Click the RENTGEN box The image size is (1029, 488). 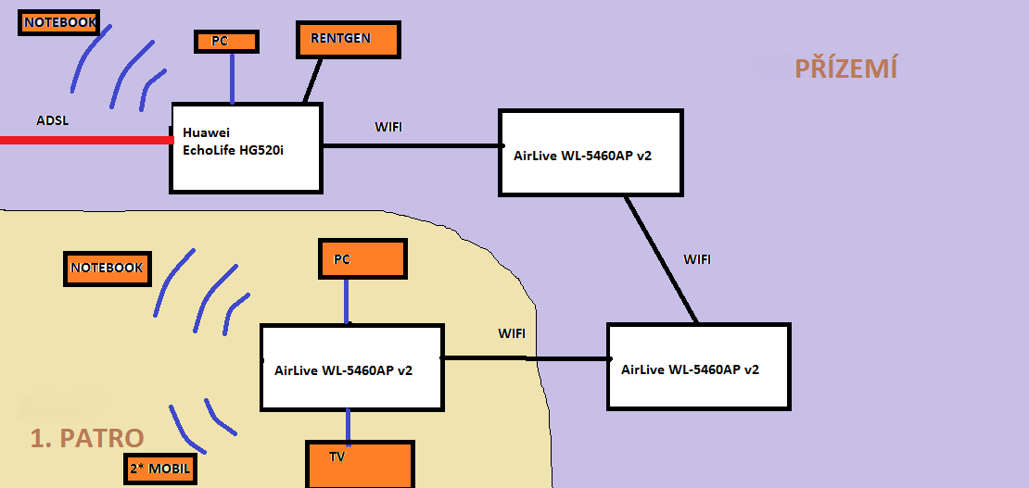(348, 40)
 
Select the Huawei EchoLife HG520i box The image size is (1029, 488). (247, 148)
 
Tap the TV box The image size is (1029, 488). (360, 464)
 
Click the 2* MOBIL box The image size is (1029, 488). (159, 469)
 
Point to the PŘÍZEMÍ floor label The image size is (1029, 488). (846, 68)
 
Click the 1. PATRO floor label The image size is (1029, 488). (86, 438)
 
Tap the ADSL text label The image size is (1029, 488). (52, 120)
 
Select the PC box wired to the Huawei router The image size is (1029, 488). (226, 42)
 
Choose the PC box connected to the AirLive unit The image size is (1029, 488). (362, 258)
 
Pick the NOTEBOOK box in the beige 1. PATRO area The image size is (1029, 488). (107, 268)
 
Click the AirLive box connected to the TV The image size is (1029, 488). (351, 368)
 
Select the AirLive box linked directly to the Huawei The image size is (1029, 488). (591, 152)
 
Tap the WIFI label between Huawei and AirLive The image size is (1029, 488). (388, 127)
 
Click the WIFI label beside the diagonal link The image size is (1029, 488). (697, 259)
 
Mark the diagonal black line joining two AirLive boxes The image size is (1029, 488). (661, 259)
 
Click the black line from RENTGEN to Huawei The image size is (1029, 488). (312, 81)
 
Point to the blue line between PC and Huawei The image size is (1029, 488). (232, 78)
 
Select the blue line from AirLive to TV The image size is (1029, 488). (349, 426)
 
